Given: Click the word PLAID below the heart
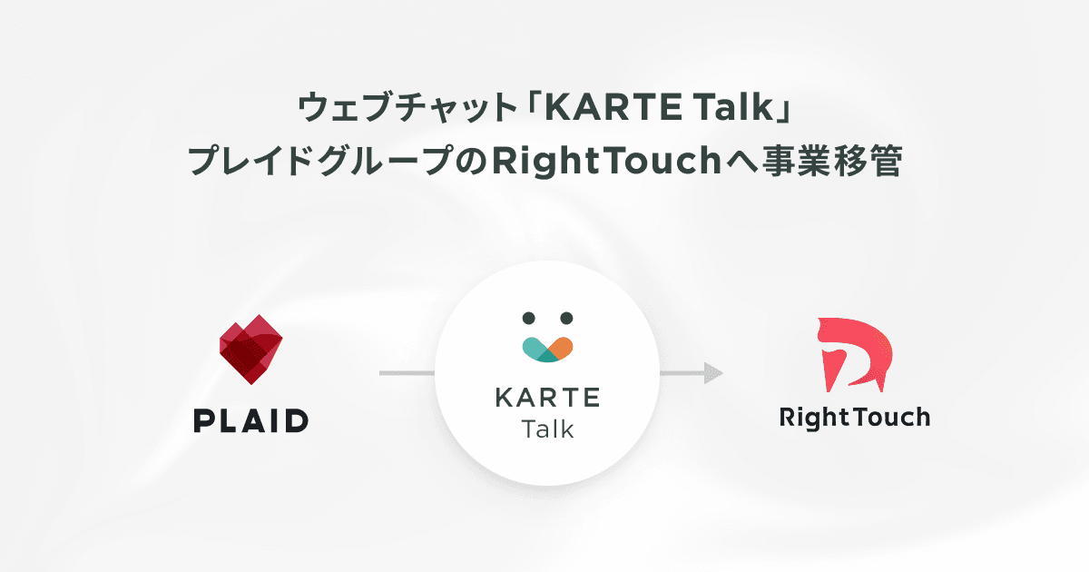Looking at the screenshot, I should [x=251, y=420].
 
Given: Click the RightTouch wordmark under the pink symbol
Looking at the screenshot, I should [x=855, y=418].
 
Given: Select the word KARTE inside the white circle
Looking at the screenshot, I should [x=548, y=398].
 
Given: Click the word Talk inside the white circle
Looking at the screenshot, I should [x=548, y=429].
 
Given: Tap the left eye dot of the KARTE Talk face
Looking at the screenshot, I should [x=529, y=318].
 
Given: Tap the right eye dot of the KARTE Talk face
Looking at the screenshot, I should [x=567, y=318].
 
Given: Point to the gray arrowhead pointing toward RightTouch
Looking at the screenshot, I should [x=714, y=373].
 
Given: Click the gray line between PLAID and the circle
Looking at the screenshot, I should [x=407, y=373].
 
